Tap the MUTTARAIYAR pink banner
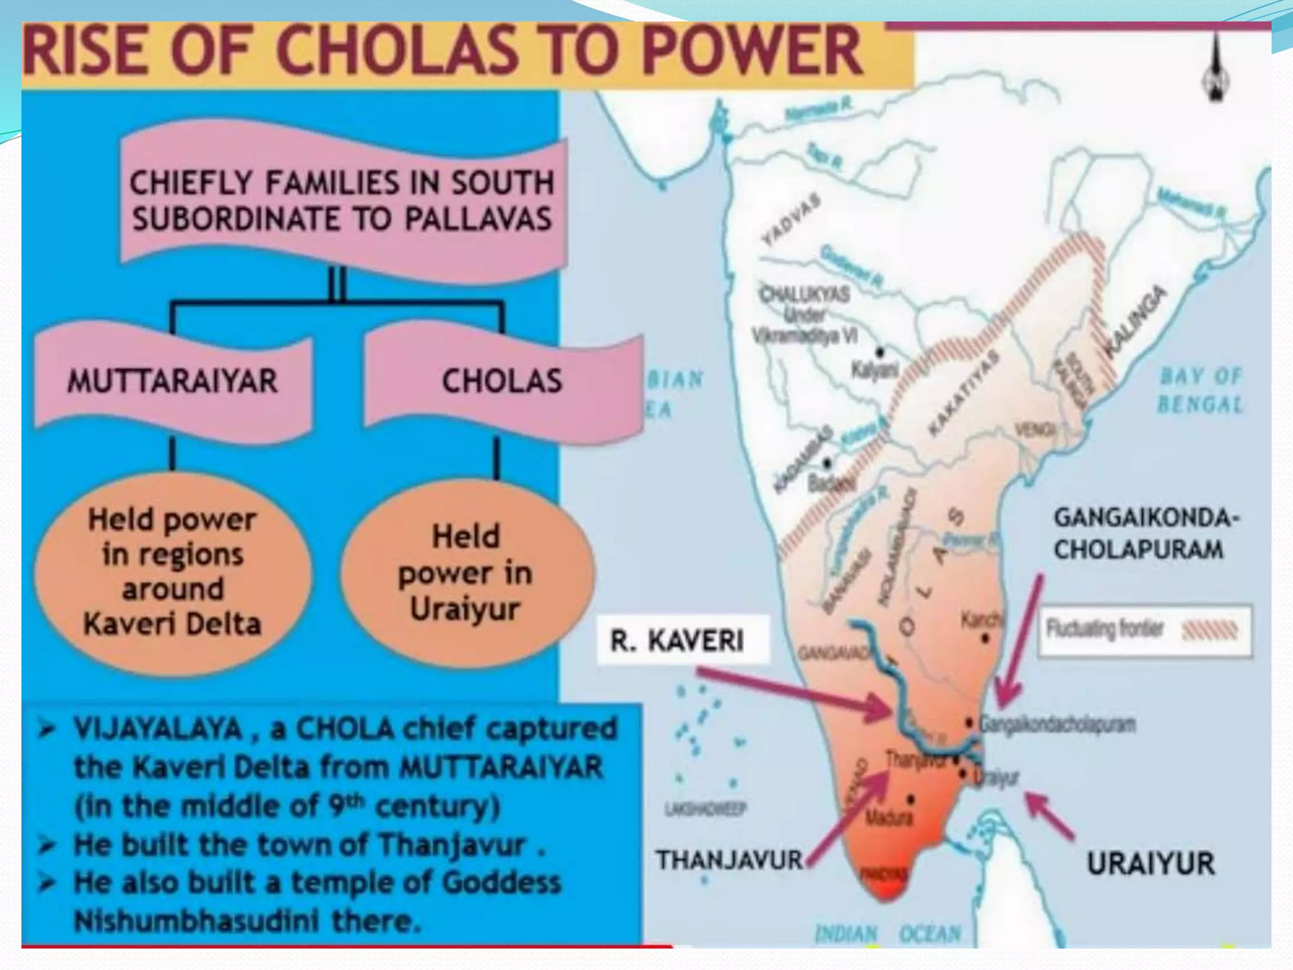[x=172, y=381]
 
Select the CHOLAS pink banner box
[x=502, y=381]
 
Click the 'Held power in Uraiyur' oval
[x=466, y=573]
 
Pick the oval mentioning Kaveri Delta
[x=172, y=572]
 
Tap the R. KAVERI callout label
[x=677, y=640]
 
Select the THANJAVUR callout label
[x=729, y=860]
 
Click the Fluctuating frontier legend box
[x=1144, y=631]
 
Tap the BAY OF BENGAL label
[x=1200, y=390]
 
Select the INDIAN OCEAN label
[x=888, y=934]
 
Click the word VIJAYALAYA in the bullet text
[x=158, y=729]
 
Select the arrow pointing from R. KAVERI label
[x=795, y=695]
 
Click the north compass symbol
[x=1216, y=68]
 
